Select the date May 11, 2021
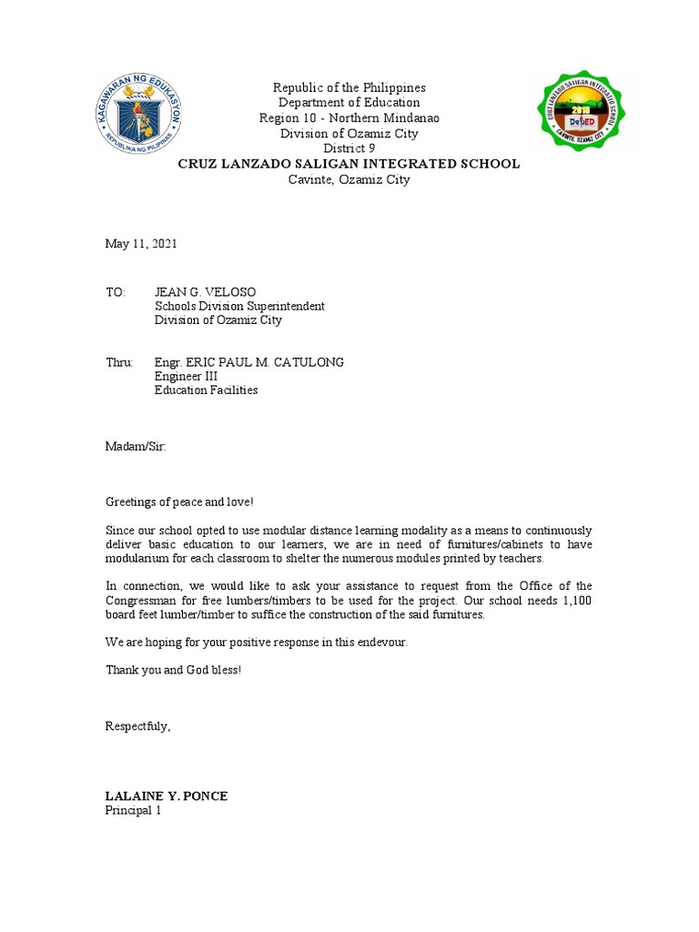coord(141,244)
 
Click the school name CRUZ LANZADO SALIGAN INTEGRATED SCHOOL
coord(349,164)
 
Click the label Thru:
coord(119,362)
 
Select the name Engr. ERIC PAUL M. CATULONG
coord(248,362)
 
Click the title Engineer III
coord(186,376)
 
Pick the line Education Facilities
coord(206,390)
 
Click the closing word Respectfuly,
coord(138,726)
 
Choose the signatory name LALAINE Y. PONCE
coord(167,796)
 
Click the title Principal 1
coord(133,810)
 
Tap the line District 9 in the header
coord(349,149)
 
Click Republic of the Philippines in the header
coord(349,87)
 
